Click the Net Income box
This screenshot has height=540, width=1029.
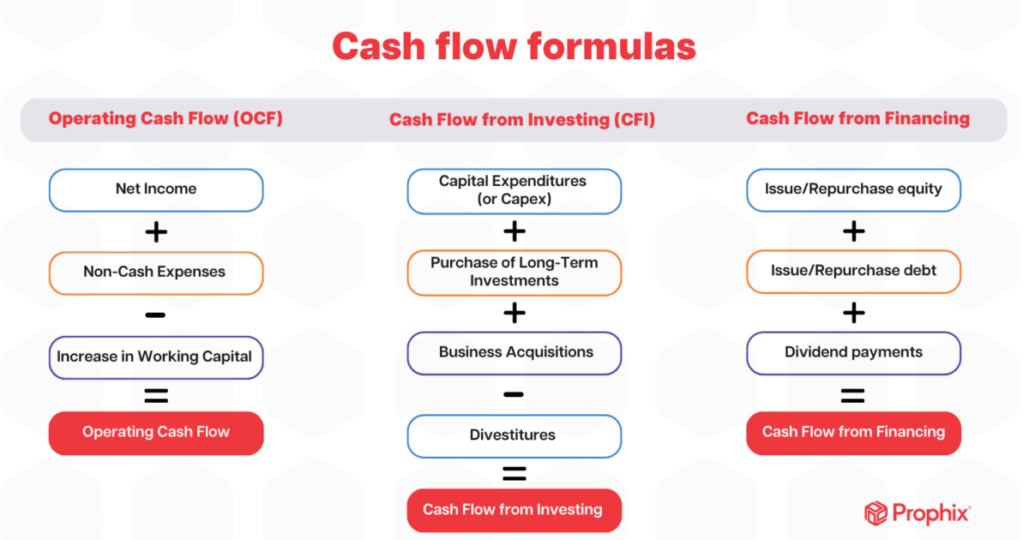coord(156,189)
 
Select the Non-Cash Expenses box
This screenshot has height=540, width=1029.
coord(156,273)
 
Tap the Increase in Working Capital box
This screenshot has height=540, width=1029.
coord(156,356)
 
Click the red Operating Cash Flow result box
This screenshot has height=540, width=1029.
coord(156,432)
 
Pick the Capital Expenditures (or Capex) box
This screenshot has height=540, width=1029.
coord(514,191)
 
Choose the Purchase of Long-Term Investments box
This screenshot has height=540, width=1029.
coord(514,273)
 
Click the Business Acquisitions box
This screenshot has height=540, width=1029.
coord(514,352)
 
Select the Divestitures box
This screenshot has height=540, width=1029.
coord(514,435)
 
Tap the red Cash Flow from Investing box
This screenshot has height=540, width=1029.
coord(514,510)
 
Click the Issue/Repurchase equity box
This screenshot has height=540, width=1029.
coord(853,189)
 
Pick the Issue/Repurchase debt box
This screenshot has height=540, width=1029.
coord(853,271)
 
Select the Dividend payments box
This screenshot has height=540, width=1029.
coord(853,352)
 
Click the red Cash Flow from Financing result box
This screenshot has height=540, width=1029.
coord(853,432)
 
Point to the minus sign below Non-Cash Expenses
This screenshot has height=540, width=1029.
coord(155,315)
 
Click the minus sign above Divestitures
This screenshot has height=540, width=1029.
coord(514,394)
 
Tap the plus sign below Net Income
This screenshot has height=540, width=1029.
coord(155,232)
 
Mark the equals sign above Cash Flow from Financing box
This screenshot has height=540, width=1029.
coord(852,395)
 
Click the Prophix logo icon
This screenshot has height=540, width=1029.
coord(876,513)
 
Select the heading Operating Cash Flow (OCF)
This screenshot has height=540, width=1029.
coord(165,119)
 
